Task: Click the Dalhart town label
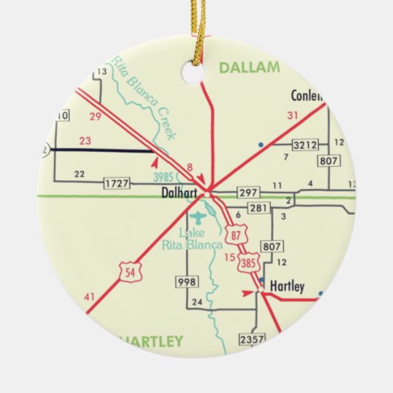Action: (178, 192)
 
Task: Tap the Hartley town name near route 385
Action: (287, 286)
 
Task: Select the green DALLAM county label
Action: (249, 68)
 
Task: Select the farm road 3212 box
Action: (304, 144)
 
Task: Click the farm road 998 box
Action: (186, 282)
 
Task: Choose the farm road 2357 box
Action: (251, 339)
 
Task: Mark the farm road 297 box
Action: (248, 193)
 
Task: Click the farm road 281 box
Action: (257, 208)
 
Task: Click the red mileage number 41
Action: (90, 298)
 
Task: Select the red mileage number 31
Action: (292, 115)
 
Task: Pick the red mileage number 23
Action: (85, 140)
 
